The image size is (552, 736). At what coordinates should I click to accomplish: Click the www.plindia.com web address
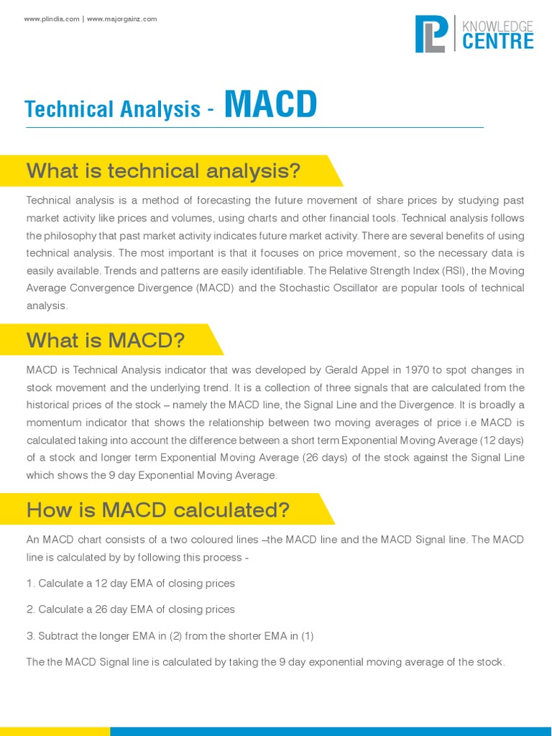click(x=52, y=19)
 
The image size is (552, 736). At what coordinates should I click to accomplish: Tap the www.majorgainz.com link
click(x=121, y=19)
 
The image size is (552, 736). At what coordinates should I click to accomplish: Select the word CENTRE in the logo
click(x=497, y=41)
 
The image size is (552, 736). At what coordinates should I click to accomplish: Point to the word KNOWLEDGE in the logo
click(x=497, y=26)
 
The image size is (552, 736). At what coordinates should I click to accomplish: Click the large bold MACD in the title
click(x=270, y=105)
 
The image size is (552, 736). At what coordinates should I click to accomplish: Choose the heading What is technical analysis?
click(x=163, y=171)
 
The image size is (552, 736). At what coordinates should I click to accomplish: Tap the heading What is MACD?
click(x=106, y=340)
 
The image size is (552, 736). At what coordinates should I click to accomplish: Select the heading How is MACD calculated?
click(x=158, y=510)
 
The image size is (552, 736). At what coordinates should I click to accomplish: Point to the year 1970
click(x=418, y=370)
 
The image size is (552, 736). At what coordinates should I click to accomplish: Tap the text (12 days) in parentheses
click(x=499, y=440)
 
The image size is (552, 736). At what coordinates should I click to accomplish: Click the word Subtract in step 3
click(x=60, y=636)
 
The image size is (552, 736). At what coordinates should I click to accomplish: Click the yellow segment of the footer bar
click(x=55, y=731)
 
